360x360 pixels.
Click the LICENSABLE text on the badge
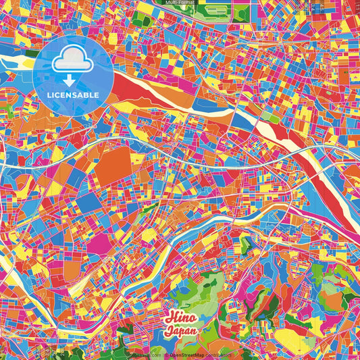coord(73,95)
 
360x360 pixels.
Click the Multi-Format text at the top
coord(180,3)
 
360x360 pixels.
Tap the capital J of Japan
coord(167,331)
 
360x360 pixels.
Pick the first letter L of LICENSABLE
coord(50,95)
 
